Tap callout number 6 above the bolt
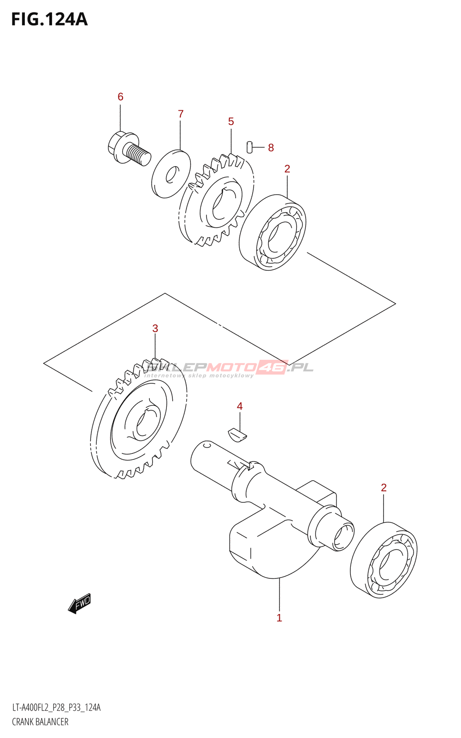click(120, 96)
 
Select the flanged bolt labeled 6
click(129, 148)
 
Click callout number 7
click(181, 113)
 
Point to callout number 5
click(231, 121)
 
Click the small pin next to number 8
click(250, 146)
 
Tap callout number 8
click(271, 148)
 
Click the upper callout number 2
click(287, 169)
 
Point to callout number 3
click(155, 328)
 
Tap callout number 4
click(240, 406)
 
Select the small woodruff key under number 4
click(238, 434)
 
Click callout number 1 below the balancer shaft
click(279, 618)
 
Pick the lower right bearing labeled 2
click(384, 560)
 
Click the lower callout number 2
click(384, 488)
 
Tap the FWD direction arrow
click(80, 603)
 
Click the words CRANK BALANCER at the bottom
click(40, 722)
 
